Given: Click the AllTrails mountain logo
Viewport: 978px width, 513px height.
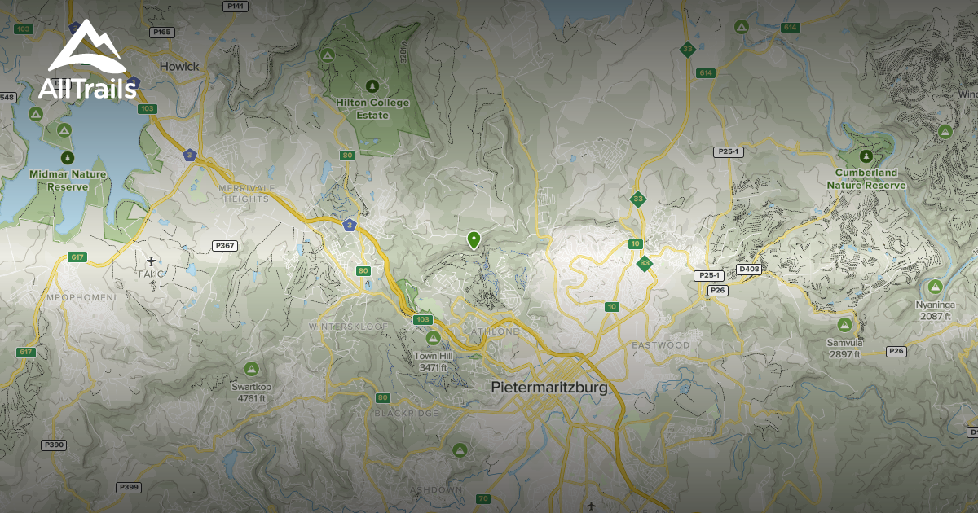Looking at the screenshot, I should coord(86,47).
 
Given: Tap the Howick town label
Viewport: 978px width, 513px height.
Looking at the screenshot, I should coord(178,66).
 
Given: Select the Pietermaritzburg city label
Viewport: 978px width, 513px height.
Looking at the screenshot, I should coord(549,388).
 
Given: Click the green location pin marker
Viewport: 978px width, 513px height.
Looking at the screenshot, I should coord(474,239).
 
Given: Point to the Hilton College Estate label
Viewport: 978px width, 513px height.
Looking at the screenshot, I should coord(372,108).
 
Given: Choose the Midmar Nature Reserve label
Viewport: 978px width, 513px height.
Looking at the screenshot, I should coord(69,180).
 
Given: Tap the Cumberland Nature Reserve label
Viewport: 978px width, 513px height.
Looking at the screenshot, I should coord(866,179).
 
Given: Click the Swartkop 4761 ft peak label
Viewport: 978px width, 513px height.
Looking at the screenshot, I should coord(251,392).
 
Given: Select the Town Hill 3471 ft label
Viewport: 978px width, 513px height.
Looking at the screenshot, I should coord(432,362).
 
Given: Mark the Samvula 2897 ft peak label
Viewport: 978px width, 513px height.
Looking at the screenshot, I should coord(844,349).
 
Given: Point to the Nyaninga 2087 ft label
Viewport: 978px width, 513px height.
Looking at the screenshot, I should coord(933,309).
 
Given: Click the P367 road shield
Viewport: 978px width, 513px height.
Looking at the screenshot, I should coord(224,245).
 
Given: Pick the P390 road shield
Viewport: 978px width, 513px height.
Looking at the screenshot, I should coord(53,445).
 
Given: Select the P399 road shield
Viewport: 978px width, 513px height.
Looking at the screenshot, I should coord(129,487).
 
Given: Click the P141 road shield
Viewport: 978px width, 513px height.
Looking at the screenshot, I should coord(235,6).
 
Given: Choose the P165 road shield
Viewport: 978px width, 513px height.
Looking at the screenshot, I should coord(161,33).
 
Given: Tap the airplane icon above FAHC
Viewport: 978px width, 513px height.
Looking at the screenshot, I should coord(152,261).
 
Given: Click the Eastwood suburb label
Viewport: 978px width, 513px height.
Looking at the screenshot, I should coord(660,345).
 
